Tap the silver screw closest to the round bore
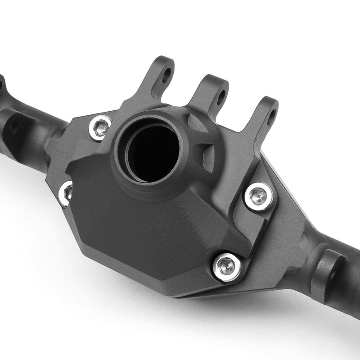coord(100,128)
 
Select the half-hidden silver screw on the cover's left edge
coord(66,193)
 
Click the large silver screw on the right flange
coord(259,196)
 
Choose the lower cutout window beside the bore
coord(208,155)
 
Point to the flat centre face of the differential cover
coord(148,225)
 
